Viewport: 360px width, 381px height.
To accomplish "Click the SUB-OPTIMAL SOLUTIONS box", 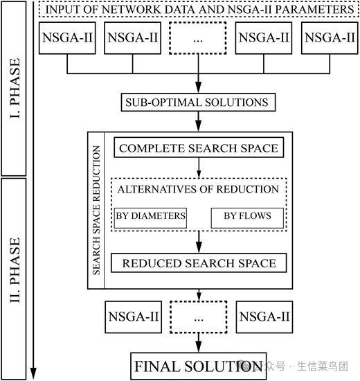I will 197,103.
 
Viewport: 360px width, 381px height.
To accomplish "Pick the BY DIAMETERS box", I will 150,216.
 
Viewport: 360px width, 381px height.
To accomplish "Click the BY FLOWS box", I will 247,216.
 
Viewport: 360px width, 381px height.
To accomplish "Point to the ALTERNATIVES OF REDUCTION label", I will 199,189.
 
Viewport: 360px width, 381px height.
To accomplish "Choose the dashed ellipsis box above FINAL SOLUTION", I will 199,317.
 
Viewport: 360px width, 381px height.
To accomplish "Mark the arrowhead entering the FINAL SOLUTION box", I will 199,348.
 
